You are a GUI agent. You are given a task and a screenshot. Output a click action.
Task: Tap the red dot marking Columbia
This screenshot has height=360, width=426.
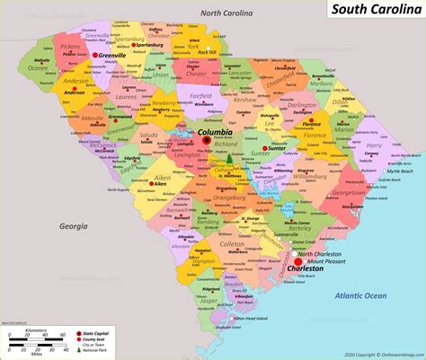click(206, 141)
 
